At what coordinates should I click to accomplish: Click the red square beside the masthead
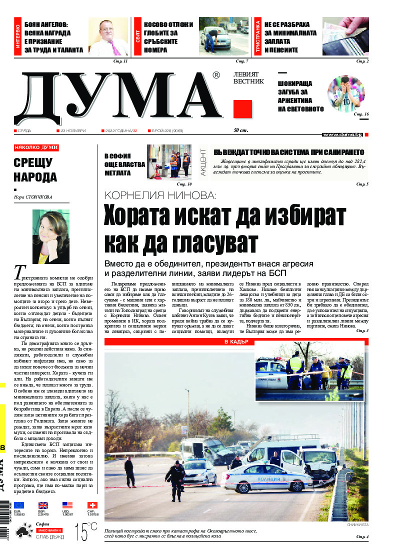242,109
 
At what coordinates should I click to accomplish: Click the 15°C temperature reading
85,531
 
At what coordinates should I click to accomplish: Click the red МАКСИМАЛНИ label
49,530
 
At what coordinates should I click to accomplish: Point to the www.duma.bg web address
342,135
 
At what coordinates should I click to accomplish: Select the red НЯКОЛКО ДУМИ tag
36,148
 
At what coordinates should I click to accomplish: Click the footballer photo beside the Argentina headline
346,93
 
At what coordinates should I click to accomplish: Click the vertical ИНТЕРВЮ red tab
18,36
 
